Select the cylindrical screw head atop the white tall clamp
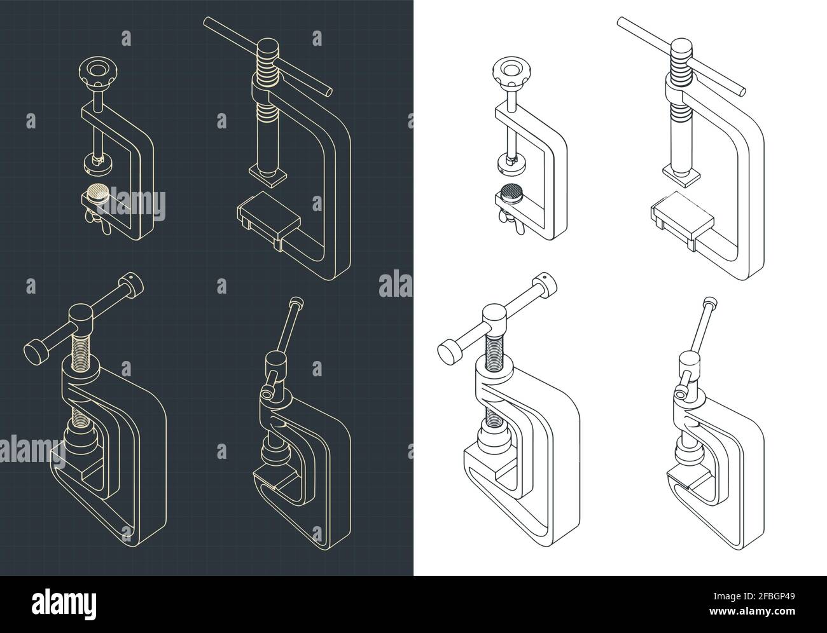click(x=681, y=48)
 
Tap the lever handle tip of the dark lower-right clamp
click(x=294, y=302)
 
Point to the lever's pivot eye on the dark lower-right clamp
click(x=266, y=395)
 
